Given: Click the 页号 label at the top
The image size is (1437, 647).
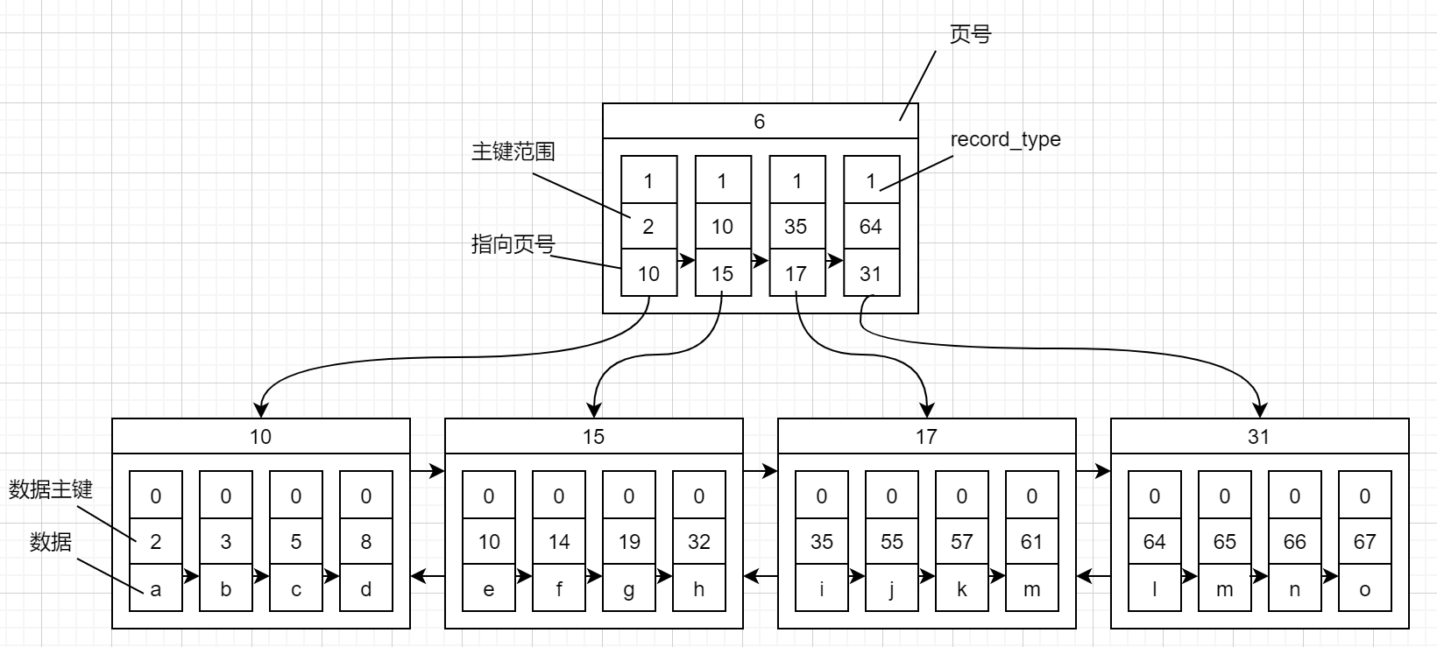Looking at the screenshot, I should (x=970, y=34).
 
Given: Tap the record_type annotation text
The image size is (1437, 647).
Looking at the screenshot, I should (x=1005, y=139).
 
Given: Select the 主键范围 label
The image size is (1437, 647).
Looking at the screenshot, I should (x=513, y=151).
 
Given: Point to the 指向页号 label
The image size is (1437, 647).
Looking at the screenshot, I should (x=513, y=244).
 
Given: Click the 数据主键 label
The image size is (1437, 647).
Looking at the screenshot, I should (x=50, y=489).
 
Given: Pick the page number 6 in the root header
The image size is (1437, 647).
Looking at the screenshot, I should (x=760, y=122).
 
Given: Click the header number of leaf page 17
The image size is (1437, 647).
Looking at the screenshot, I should (x=926, y=436).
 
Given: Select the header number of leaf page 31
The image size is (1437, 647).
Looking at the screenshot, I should (x=1259, y=436).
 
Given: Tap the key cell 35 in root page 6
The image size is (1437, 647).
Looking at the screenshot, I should (x=796, y=227).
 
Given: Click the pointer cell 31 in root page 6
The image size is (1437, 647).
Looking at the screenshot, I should (x=870, y=274).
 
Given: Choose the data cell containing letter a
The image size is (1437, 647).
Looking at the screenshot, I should (x=156, y=589).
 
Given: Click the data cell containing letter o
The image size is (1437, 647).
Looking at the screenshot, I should (x=1364, y=589).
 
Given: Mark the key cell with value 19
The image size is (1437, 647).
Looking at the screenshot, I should (x=629, y=542).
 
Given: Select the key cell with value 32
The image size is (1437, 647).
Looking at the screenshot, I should (x=699, y=542).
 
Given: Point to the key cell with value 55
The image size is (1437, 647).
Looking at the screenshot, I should (x=892, y=542).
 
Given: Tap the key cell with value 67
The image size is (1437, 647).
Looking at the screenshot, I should (x=1364, y=542).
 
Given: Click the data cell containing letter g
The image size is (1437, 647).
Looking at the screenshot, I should (x=629, y=589).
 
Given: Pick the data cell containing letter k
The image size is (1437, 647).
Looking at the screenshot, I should (x=962, y=589).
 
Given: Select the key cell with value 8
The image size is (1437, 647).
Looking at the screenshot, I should (x=366, y=542).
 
